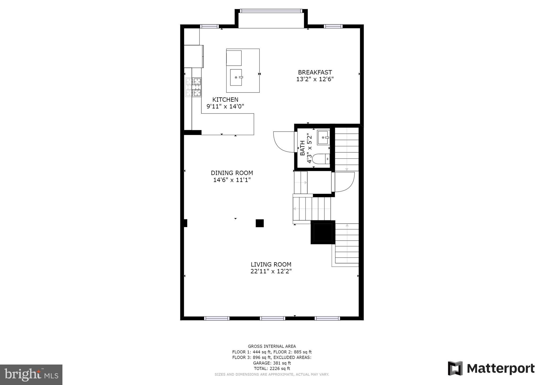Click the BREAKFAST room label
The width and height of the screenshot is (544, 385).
pyautogui.click(x=315, y=72)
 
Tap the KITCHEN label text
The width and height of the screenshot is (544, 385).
pyautogui.click(x=225, y=100)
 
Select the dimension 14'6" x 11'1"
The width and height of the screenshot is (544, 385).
pyautogui.click(x=232, y=180)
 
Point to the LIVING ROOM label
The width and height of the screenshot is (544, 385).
pyautogui.click(x=271, y=265)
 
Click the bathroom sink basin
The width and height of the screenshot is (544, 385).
pyautogui.click(x=323, y=137)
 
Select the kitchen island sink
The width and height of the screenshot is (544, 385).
pyautogui.click(x=236, y=77)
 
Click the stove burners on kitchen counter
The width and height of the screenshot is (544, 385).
pyautogui.click(x=193, y=87)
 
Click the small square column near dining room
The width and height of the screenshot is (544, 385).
pyautogui.click(x=260, y=223)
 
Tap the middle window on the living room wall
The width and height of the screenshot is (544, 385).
pyautogui.click(x=272, y=318)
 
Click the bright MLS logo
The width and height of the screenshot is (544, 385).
pyautogui.click(x=31, y=375)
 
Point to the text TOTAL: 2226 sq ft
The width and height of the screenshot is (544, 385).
pyautogui.click(x=272, y=369)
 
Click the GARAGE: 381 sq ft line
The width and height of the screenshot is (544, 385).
pyautogui.click(x=272, y=363)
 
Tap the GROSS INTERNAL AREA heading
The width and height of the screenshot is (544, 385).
pyautogui.click(x=272, y=346)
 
